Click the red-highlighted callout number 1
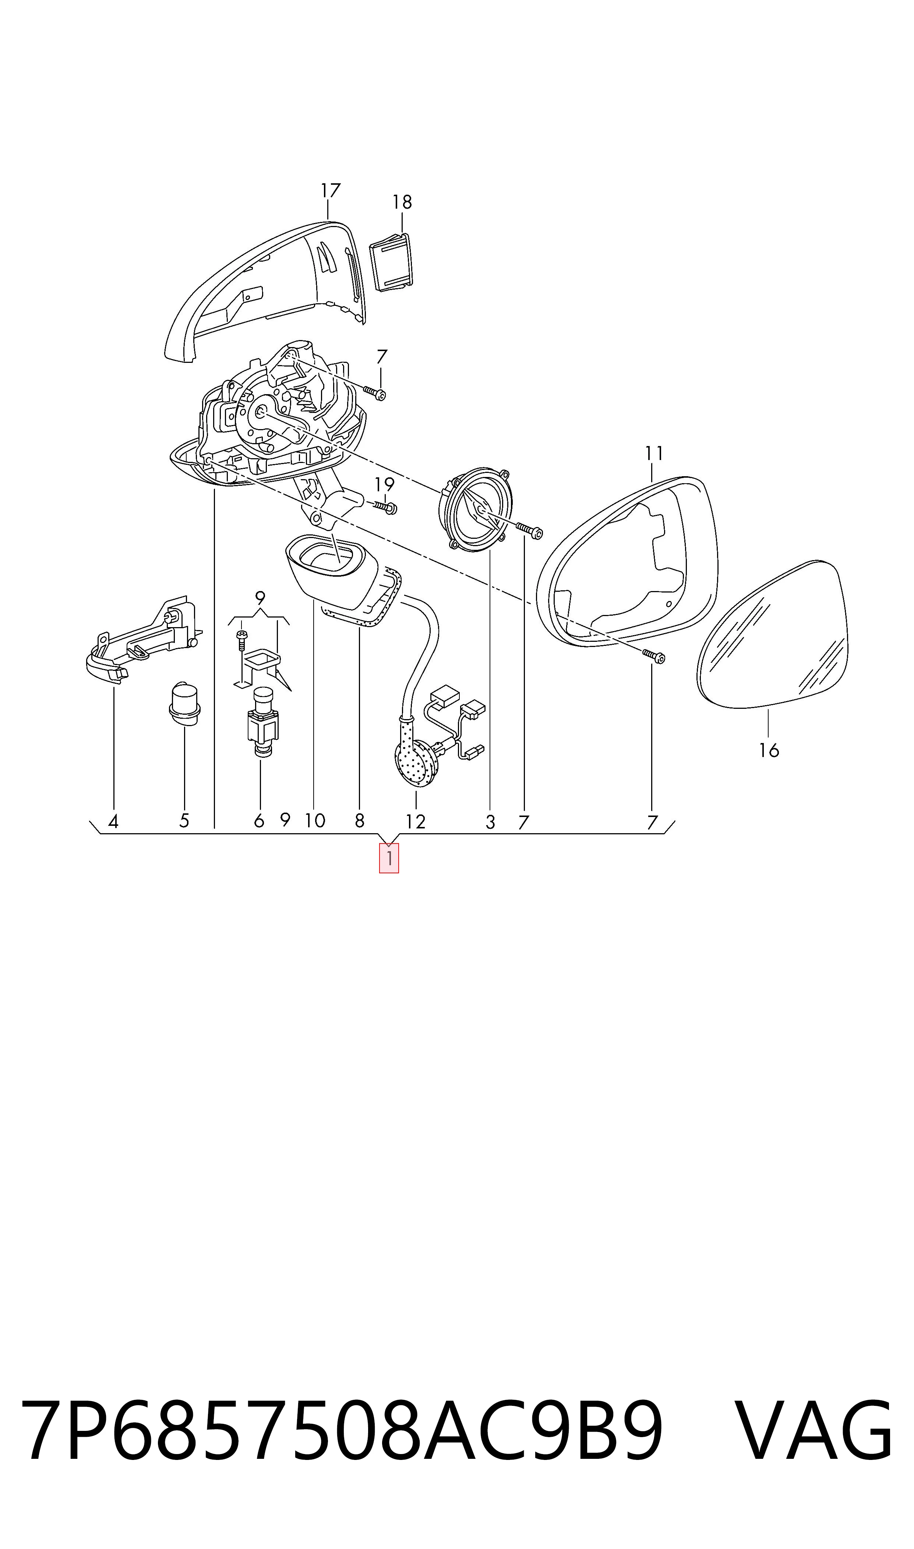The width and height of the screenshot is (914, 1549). click(389, 859)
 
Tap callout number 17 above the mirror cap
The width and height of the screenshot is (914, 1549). click(331, 191)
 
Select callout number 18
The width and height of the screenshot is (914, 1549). click(402, 202)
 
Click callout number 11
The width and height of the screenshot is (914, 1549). click(654, 454)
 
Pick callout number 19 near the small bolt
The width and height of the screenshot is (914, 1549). click(384, 485)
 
